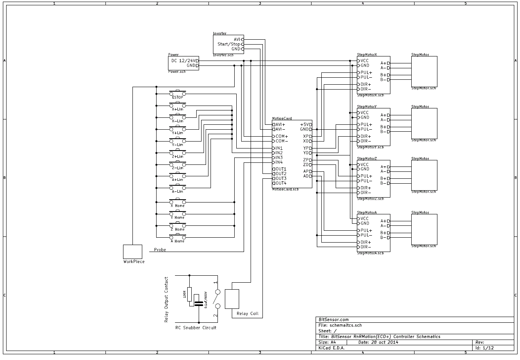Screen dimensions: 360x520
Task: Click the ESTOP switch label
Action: click(x=177, y=97)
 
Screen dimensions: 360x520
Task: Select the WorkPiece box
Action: click(x=133, y=252)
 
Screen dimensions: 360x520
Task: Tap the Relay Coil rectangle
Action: click(x=232, y=299)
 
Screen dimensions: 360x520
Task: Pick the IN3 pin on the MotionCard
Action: click(x=279, y=157)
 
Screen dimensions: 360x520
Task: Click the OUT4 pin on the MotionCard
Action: click(x=280, y=183)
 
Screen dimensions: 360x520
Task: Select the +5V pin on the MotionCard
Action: click(x=305, y=124)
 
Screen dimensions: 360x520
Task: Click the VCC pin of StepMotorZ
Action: click(x=364, y=164)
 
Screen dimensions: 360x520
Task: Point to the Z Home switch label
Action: click(x=177, y=229)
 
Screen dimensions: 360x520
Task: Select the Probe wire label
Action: click(x=160, y=250)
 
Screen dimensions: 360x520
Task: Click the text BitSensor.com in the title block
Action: click(x=334, y=319)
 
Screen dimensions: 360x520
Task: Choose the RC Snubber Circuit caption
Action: click(x=196, y=328)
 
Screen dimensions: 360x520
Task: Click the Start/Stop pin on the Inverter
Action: click(x=229, y=44)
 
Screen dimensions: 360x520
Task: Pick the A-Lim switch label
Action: click(x=177, y=191)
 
